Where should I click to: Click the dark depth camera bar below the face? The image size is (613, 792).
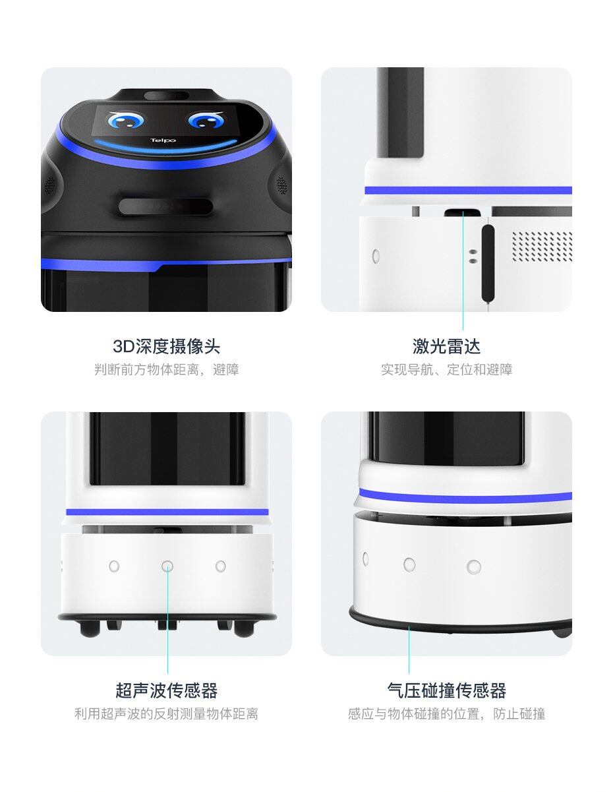click(x=165, y=206)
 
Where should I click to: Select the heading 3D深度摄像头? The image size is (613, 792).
click(x=167, y=346)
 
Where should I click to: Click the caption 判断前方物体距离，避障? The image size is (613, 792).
click(x=167, y=369)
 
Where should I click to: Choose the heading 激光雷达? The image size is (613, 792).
click(x=446, y=346)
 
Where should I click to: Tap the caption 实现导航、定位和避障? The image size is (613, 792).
click(x=446, y=369)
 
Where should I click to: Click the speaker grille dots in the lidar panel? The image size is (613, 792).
click(x=542, y=246)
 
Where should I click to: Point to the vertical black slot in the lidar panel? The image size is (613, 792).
click(x=488, y=263)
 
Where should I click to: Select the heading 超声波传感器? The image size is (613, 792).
click(x=167, y=690)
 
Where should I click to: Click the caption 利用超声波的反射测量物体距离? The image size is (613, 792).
click(x=167, y=714)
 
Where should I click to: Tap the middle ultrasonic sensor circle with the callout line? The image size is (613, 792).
click(x=167, y=566)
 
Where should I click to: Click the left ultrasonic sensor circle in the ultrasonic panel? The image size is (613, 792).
click(x=114, y=566)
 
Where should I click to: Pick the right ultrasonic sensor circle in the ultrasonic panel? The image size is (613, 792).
click(x=220, y=566)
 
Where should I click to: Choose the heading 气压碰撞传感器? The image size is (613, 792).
click(x=446, y=690)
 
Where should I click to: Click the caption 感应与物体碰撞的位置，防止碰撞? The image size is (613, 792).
click(x=446, y=714)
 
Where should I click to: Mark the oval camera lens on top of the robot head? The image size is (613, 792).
click(x=167, y=96)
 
